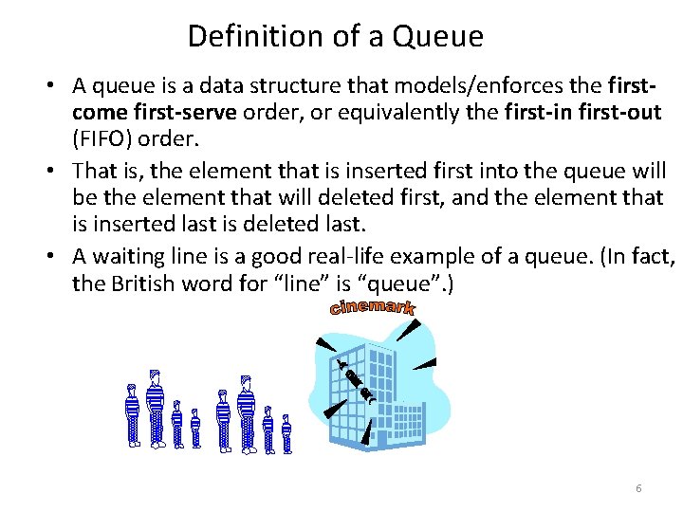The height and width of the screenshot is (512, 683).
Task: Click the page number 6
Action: (638, 487)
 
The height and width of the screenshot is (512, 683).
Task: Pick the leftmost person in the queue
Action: (133, 415)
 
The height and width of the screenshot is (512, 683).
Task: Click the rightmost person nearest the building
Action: (286, 432)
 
